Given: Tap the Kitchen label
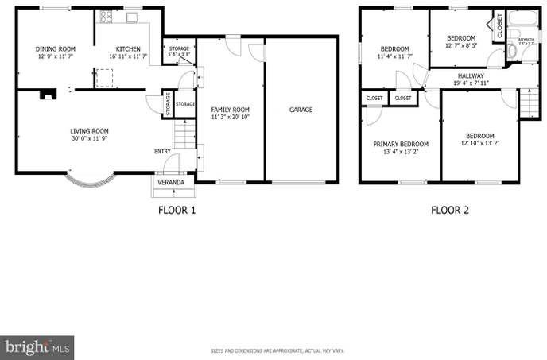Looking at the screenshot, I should point(128,48).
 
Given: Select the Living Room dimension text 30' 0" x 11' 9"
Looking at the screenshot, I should point(89,140).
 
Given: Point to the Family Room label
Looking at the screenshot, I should point(231,109).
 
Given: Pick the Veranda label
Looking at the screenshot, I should point(171,183).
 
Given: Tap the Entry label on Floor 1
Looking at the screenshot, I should point(162,151).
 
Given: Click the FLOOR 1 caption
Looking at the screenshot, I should point(176,211).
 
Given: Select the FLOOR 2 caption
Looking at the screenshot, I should point(450,211).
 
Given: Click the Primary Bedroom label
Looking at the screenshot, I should point(401,144).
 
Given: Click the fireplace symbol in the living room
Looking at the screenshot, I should point(49,95).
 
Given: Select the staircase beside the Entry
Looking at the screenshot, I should point(184,134).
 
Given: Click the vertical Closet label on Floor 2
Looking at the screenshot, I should point(499,26).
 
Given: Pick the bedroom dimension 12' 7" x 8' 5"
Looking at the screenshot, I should point(461,46).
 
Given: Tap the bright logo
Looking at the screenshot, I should point(37,347).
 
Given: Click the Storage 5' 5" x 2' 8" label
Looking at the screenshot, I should point(179,52).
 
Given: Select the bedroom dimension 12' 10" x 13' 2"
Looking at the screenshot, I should point(479,144).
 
